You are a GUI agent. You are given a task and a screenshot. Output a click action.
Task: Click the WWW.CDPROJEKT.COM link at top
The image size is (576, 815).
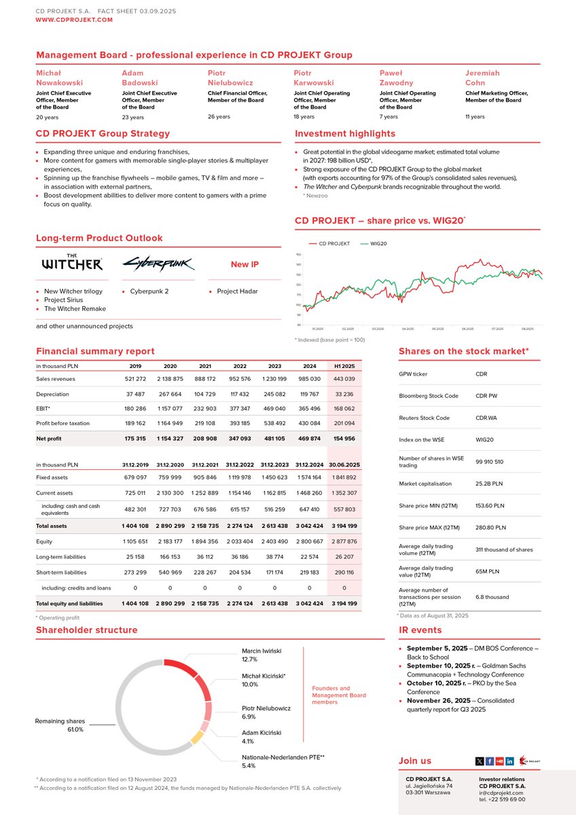[x=74, y=20]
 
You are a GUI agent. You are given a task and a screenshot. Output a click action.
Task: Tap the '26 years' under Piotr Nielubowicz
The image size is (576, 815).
[x=219, y=116]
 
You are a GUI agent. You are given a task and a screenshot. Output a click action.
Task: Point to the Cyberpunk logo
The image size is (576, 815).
[x=158, y=264]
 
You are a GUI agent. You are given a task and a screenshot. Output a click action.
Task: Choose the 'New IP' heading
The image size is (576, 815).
[x=244, y=264]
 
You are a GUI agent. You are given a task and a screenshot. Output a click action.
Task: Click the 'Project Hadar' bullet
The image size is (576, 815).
[x=237, y=291]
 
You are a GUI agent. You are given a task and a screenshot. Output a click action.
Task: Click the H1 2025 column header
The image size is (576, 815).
[x=344, y=366]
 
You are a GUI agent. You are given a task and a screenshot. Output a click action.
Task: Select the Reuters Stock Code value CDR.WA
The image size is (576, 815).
[x=488, y=418]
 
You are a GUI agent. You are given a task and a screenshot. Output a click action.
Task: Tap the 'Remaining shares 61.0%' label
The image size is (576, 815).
[x=60, y=725]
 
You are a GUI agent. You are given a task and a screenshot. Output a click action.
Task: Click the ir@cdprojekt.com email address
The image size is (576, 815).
[x=501, y=793]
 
